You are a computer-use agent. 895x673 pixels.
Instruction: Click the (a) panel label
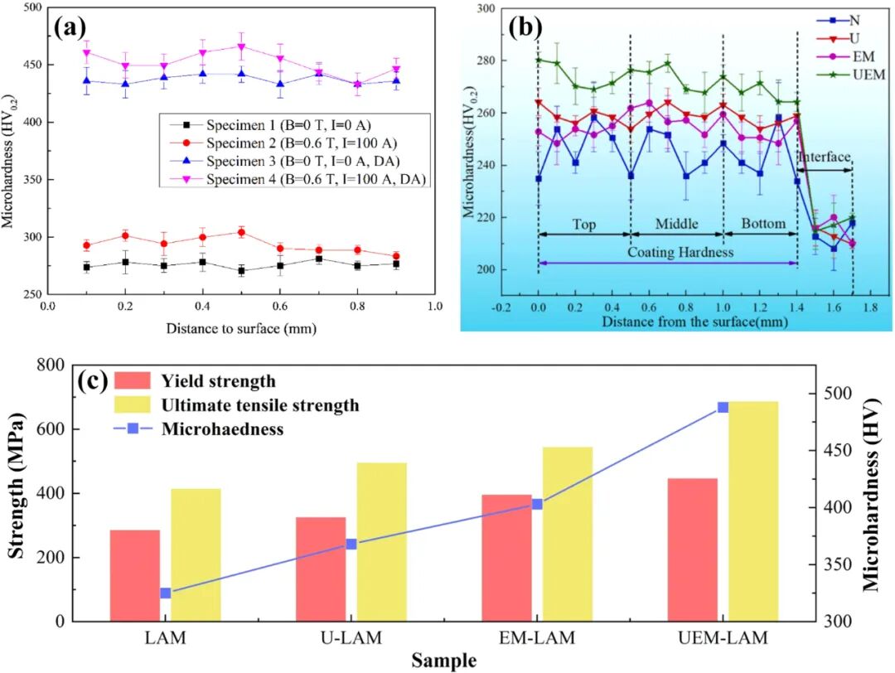tap(71, 28)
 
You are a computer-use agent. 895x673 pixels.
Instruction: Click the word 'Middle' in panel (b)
tap(676, 224)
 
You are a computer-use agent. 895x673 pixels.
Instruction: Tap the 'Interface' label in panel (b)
tap(824, 157)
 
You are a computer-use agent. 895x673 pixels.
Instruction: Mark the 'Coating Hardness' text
tap(668, 251)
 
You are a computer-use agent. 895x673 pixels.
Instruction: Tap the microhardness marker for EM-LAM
tap(536, 504)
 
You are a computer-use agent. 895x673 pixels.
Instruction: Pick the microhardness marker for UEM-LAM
tap(723, 407)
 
